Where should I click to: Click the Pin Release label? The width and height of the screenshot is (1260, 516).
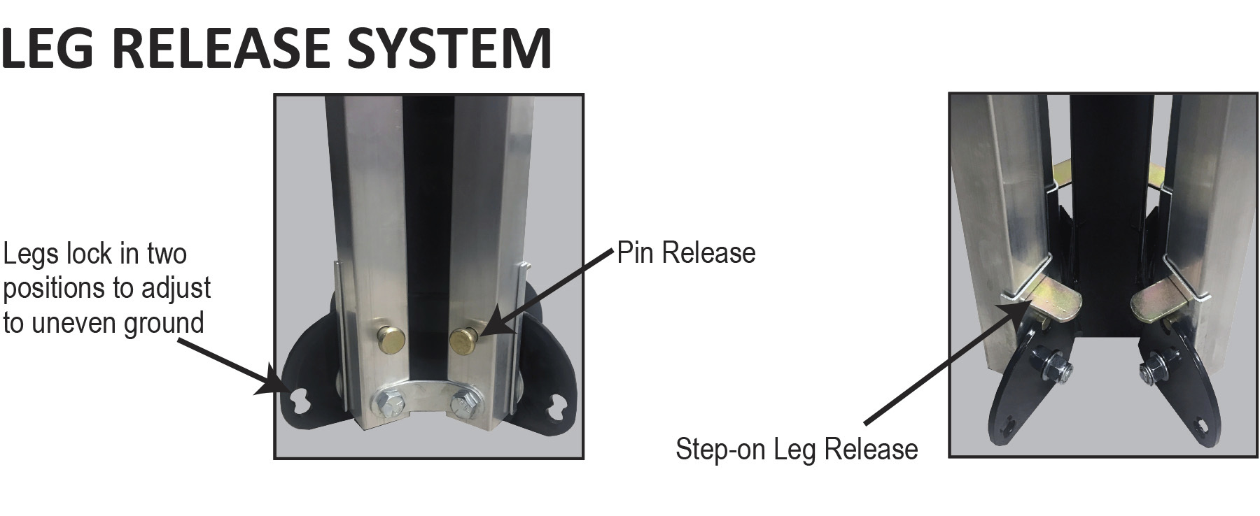(x=686, y=253)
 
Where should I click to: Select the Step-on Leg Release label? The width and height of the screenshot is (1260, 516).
(x=797, y=449)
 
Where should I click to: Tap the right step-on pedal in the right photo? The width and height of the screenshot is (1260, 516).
(x=1161, y=296)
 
